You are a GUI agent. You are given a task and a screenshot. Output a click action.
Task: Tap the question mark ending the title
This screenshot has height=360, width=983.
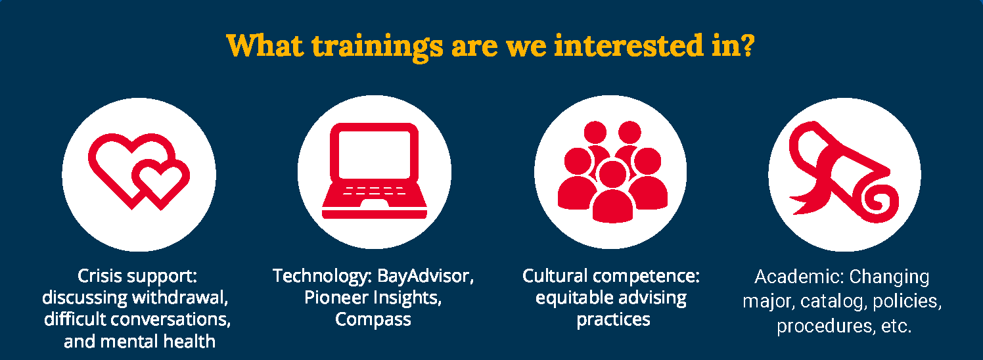746,45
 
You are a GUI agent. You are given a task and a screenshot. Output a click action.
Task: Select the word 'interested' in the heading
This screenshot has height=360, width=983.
629,45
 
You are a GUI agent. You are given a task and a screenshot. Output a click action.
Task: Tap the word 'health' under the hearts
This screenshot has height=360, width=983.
190,341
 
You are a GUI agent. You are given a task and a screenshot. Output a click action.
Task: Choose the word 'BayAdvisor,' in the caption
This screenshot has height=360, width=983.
425,276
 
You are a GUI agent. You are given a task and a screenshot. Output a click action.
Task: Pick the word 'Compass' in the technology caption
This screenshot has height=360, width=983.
373,320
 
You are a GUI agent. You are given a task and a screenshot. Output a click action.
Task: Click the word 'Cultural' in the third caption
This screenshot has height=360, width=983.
555,276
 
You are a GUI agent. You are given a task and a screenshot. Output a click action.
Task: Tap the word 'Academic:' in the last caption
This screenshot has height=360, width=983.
799,277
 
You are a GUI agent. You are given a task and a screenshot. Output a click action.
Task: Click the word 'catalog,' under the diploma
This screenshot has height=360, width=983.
833,302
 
